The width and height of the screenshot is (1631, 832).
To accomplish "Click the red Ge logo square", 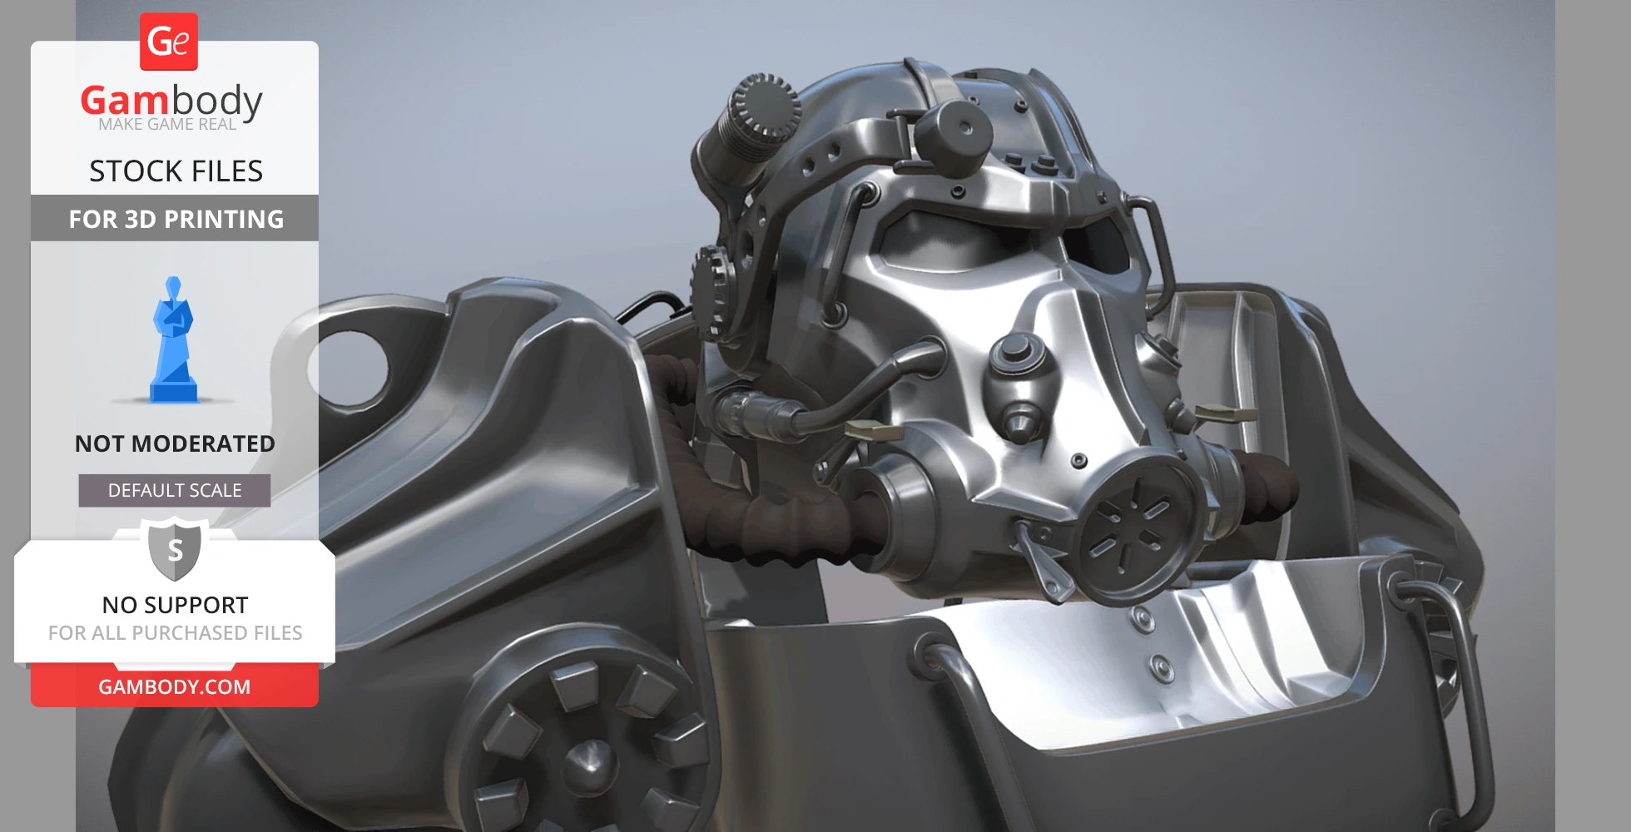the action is pos(169,42).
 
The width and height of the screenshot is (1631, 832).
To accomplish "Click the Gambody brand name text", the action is pos(171,102).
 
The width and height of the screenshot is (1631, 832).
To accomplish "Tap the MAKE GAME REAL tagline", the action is pos(167,125).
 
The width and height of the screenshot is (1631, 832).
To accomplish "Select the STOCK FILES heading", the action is pos(176,171).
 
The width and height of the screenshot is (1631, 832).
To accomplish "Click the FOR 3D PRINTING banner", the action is pos(175,219).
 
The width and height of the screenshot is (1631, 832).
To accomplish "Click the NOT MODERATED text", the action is pos(175,443).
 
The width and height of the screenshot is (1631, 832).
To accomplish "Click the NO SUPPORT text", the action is pos(175,605).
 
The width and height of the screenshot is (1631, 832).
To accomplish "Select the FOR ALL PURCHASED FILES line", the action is pos(175,633).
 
